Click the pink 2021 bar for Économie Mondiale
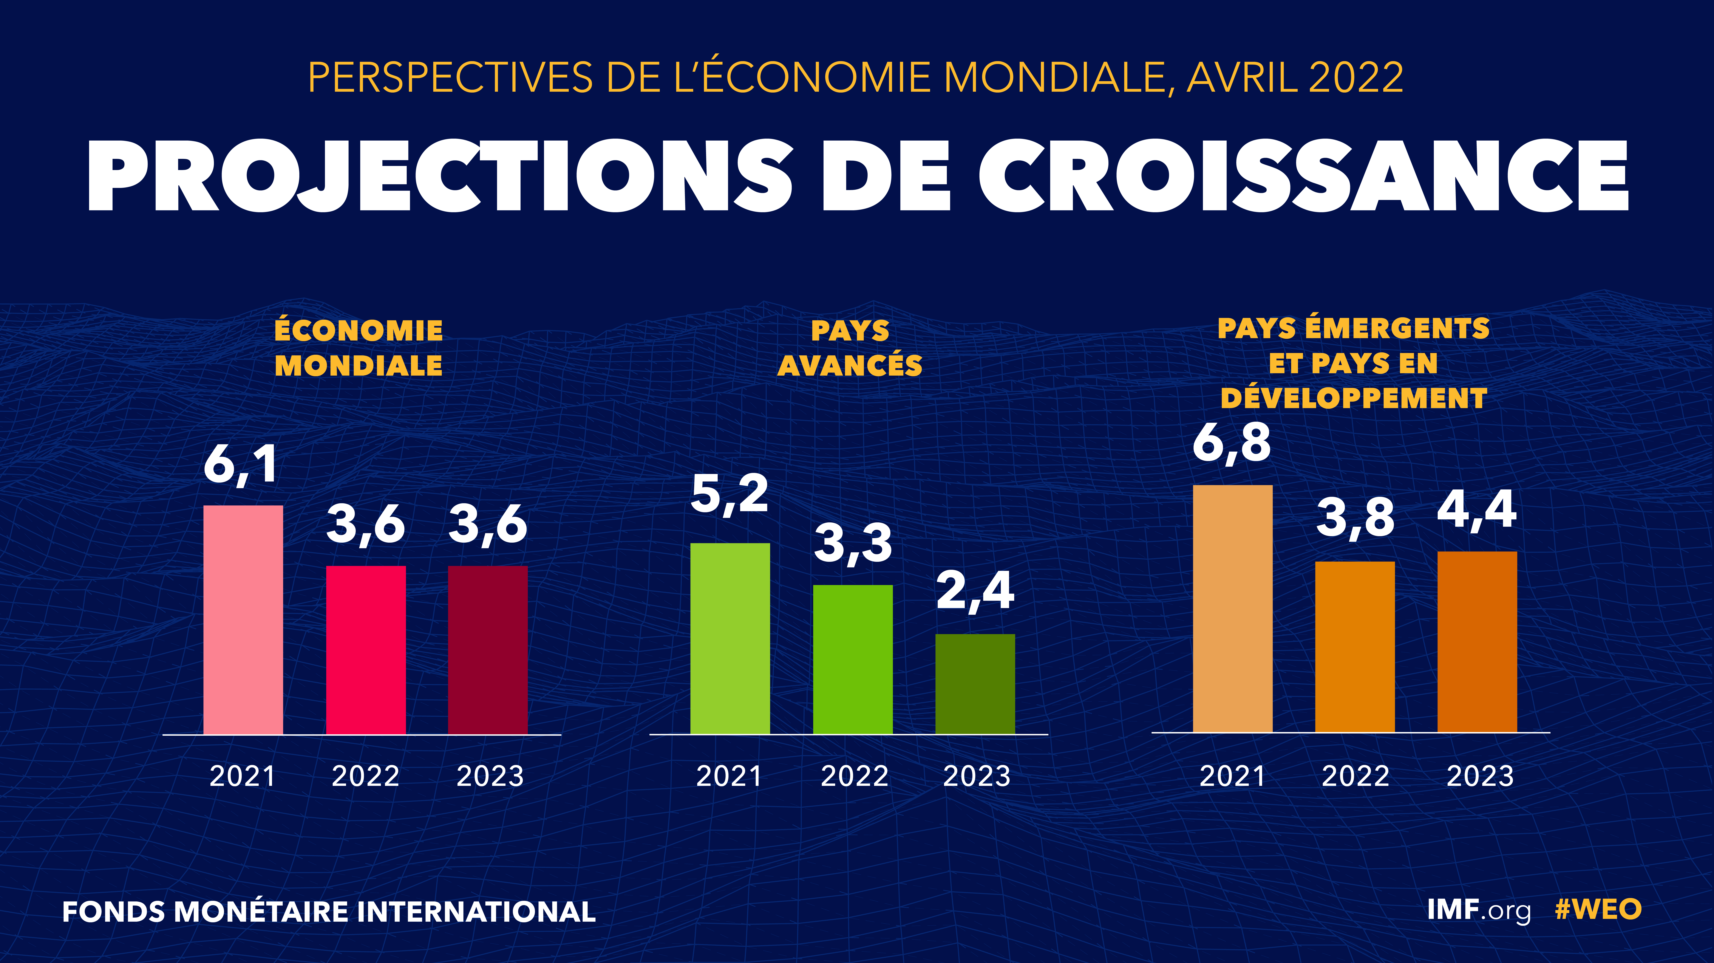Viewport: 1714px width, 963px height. point(243,619)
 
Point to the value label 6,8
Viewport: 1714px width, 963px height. point(1232,443)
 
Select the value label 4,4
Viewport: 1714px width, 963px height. point(1477,510)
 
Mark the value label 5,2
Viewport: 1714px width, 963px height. point(730,494)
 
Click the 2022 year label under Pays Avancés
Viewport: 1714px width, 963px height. point(854,776)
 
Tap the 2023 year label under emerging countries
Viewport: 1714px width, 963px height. point(1480,776)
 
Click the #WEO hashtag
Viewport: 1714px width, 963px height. point(1598,910)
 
